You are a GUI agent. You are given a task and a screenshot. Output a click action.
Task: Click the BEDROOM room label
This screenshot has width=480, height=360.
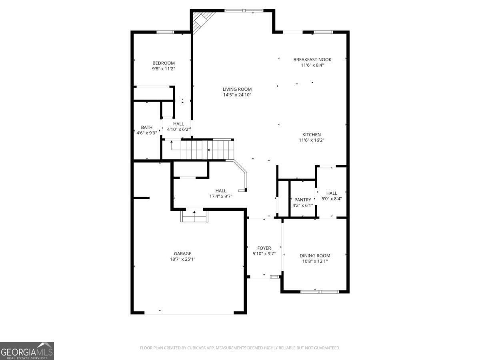[163, 63]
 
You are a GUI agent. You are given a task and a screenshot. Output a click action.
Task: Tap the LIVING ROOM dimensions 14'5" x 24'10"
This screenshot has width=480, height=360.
[237, 95]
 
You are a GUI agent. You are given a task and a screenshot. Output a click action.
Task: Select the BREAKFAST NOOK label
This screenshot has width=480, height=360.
[312, 60]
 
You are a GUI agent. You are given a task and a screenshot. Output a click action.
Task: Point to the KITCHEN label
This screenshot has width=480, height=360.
[311, 135]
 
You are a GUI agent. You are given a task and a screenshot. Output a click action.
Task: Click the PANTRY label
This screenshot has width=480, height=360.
[303, 200]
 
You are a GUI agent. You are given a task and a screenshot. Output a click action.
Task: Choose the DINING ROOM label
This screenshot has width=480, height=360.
[315, 256]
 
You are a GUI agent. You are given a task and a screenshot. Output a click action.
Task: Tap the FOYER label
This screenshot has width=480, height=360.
[264, 248]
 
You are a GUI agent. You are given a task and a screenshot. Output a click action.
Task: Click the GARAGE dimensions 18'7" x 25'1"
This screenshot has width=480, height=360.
[182, 259]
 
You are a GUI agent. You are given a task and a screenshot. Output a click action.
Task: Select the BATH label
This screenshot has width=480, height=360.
[146, 127]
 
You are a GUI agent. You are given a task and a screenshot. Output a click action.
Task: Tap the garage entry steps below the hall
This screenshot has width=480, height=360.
[194, 216]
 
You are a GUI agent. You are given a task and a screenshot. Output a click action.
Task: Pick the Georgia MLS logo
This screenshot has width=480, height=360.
[27, 351]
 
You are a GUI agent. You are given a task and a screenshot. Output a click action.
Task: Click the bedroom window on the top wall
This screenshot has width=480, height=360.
[165, 32]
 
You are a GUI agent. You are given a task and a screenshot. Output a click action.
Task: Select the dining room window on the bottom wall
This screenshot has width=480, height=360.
[320, 292]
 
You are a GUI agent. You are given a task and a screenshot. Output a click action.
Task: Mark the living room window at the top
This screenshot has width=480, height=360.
[244, 10]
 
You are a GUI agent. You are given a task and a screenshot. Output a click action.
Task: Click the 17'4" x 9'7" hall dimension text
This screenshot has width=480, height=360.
[221, 196]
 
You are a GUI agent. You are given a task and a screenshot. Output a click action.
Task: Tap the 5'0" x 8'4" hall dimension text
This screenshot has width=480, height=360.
[332, 199]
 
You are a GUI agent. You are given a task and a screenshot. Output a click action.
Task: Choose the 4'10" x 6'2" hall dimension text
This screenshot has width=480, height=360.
[178, 129]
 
